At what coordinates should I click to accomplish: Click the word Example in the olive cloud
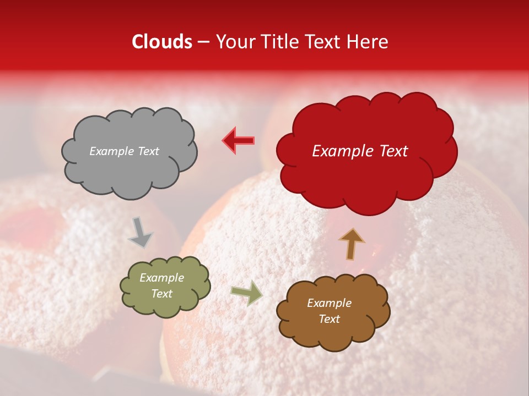pyautogui.click(x=162, y=278)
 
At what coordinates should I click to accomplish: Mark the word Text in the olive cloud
pyautogui.click(x=162, y=294)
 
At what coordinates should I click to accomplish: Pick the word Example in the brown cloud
pyautogui.click(x=329, y=303)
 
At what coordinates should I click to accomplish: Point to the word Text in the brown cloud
pyautogui.click(x=329, y=319)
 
